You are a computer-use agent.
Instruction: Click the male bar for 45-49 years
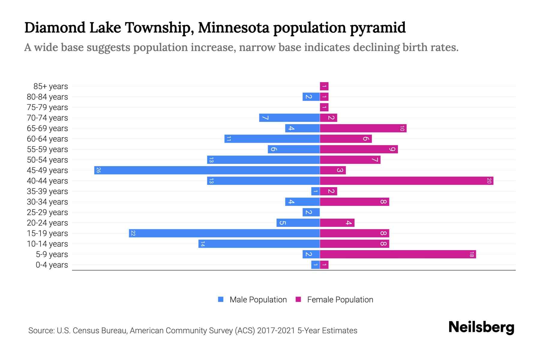click(207, 170)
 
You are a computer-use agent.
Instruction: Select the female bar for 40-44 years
click(406, 181)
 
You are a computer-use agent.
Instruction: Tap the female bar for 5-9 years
click(398, 254)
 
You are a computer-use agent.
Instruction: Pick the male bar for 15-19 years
click(224, 233)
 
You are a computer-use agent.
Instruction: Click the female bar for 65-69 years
click(363, 128)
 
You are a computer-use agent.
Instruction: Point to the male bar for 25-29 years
click(311, 212)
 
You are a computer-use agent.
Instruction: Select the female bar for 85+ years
click(324, 86)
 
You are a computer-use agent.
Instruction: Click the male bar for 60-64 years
click(272, 139)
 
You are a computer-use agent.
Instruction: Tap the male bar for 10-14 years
click(259, 244)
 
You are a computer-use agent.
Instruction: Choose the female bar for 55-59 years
click(359, 149)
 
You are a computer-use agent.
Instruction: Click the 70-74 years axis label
click(47, 118)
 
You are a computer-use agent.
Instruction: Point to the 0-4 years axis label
click(52, 265)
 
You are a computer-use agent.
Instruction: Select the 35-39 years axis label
click(47, 191)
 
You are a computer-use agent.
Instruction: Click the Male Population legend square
click(221, 299)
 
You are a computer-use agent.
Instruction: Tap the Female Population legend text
click(340, 300)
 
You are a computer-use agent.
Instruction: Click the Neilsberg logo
click(481, 327)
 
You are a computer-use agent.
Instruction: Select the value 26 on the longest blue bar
click(98, 170)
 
